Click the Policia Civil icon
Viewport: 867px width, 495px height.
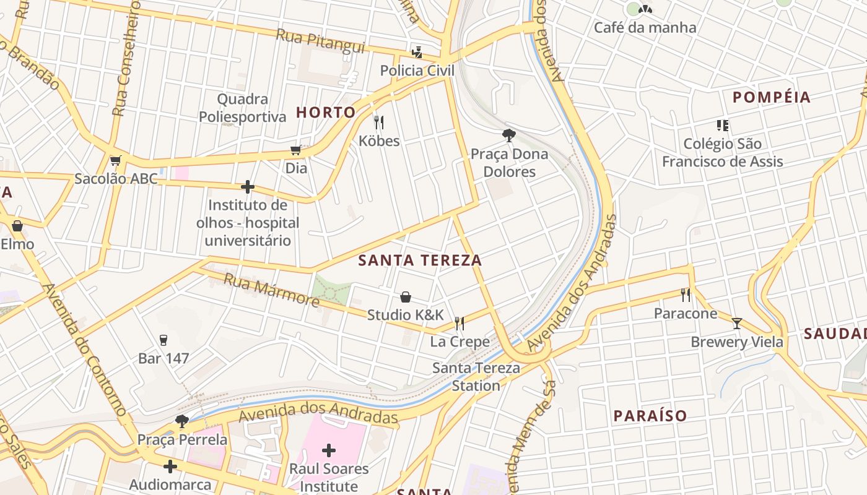coord(417,52)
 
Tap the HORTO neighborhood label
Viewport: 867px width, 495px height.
coord(326,112)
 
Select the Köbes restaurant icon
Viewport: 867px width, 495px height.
coord(379,123)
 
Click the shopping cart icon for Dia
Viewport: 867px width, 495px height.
coord(296,150)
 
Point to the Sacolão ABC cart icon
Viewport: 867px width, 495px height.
coord(115,161)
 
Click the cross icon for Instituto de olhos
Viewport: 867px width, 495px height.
coord(248,186)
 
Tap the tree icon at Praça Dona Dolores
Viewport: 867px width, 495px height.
coord(508,136)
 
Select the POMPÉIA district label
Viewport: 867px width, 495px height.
coord(771,97)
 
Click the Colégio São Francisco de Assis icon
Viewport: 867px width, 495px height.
coord(722,126)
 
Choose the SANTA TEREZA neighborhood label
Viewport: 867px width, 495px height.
coord(420,261)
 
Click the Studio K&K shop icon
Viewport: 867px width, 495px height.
coord(406,297)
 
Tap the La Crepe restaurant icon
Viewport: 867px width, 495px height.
coord(460,323)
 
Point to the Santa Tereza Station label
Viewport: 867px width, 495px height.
coord(476,377)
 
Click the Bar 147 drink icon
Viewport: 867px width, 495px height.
coord(163,340)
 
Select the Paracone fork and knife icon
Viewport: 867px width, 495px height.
coord(686,295)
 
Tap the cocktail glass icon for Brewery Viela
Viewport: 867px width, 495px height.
coord(736,323)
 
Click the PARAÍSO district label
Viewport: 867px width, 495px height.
coord(650,416)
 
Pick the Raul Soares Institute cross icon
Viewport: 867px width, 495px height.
coord(329,450)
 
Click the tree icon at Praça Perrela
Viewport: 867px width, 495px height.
coord(182,421)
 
